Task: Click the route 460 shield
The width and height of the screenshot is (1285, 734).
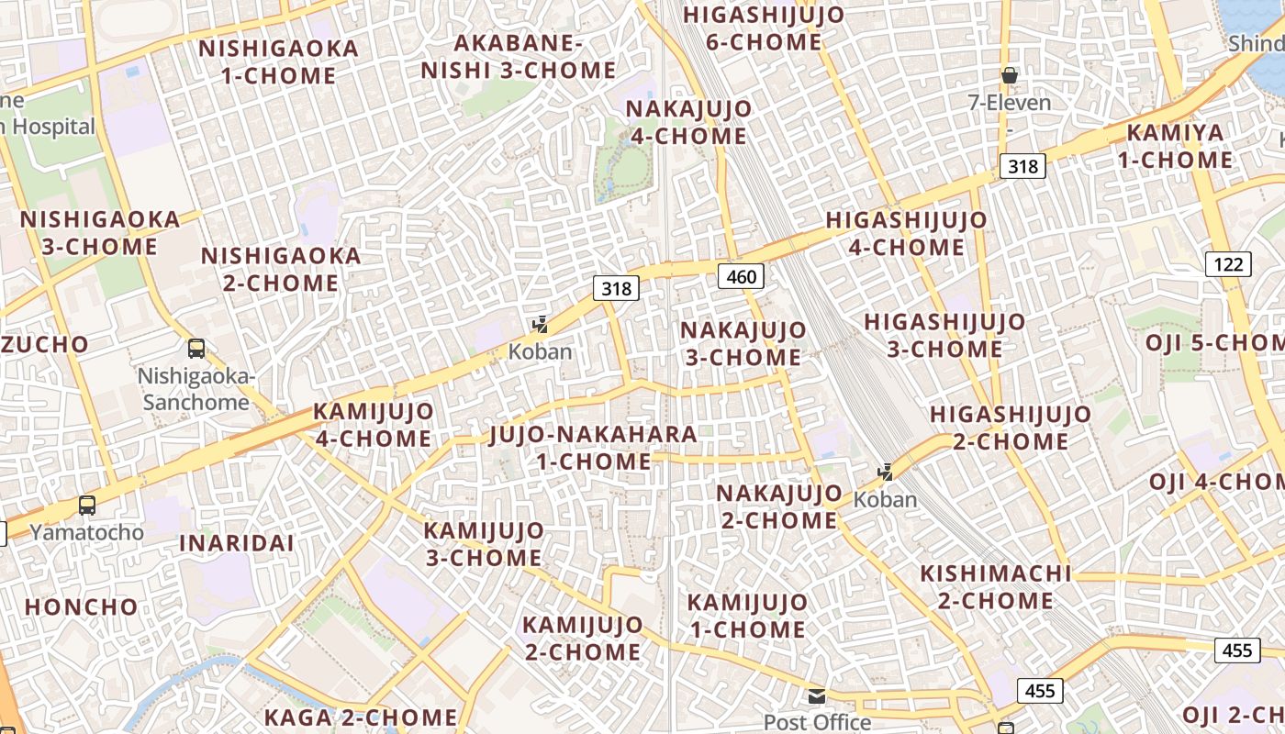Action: coord(741,276)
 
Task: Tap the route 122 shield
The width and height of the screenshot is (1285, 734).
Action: coord(1227,265)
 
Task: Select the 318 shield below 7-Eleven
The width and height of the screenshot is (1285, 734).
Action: coord(1022,166)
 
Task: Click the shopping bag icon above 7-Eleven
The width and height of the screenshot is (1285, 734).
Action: coord(1010,75)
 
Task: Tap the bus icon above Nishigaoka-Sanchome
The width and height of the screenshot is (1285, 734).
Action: coord(196,349)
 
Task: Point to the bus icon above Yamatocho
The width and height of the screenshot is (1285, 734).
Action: coord(87,505)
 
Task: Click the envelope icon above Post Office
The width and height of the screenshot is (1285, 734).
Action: coord(817,695)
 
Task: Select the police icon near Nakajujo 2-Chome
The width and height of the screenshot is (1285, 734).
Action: coord(886,473)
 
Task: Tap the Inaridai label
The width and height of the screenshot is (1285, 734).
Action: coord(236,543)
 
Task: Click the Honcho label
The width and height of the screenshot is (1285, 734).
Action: coord(81,607)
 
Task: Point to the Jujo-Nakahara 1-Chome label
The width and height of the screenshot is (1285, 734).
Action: coord(593,448)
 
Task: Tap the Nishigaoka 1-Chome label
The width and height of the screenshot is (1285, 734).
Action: coord(278,61)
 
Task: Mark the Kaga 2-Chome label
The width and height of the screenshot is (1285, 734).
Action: coord(361,717)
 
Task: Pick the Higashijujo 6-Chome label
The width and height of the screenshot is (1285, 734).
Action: coord(764,28)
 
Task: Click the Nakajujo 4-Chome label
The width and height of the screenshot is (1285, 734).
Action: coord(687,122)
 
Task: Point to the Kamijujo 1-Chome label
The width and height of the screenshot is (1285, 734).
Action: coord(747,616)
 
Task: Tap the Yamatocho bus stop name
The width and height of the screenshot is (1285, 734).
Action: coord(87,532)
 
